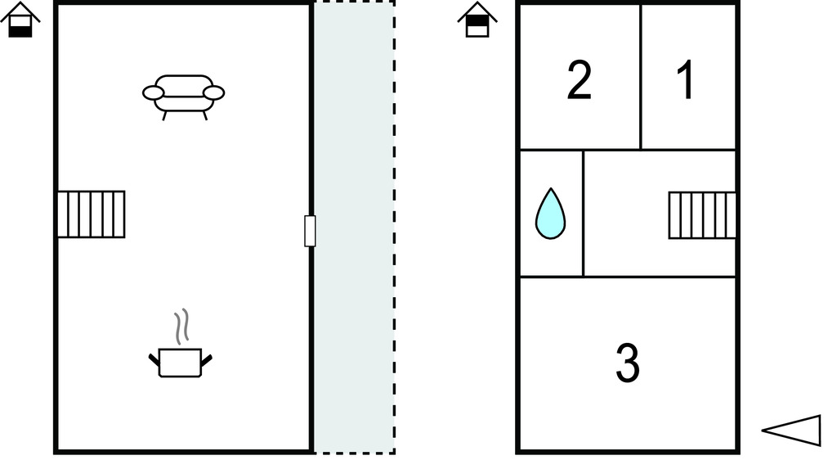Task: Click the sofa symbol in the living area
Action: (x=184, y=97)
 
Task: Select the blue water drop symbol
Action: (x=550, y=214)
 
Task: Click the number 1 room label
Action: (x=686, y=79)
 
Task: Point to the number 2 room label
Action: (x=580, y=79)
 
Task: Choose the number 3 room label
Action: (x=628, y=363)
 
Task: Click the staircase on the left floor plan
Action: (x=91, y=214)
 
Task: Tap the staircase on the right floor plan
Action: (x=702, y=215)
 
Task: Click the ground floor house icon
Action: (x=20, y=20)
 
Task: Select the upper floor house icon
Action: (x=477, y=20)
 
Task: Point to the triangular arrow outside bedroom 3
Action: (x=791, y=430)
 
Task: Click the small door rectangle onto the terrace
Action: (x=310, y=231)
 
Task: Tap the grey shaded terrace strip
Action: (x=354, y=228)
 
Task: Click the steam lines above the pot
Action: (x=181, y=327)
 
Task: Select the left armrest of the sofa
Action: (x=153, y=93)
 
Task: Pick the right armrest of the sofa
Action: (x=214, y=93)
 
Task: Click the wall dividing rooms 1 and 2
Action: (x=641, y=76)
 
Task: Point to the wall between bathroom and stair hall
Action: (x=584, y=214)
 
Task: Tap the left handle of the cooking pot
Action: (x=154, y=360)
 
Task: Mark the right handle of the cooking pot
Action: (x=207, y=360)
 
